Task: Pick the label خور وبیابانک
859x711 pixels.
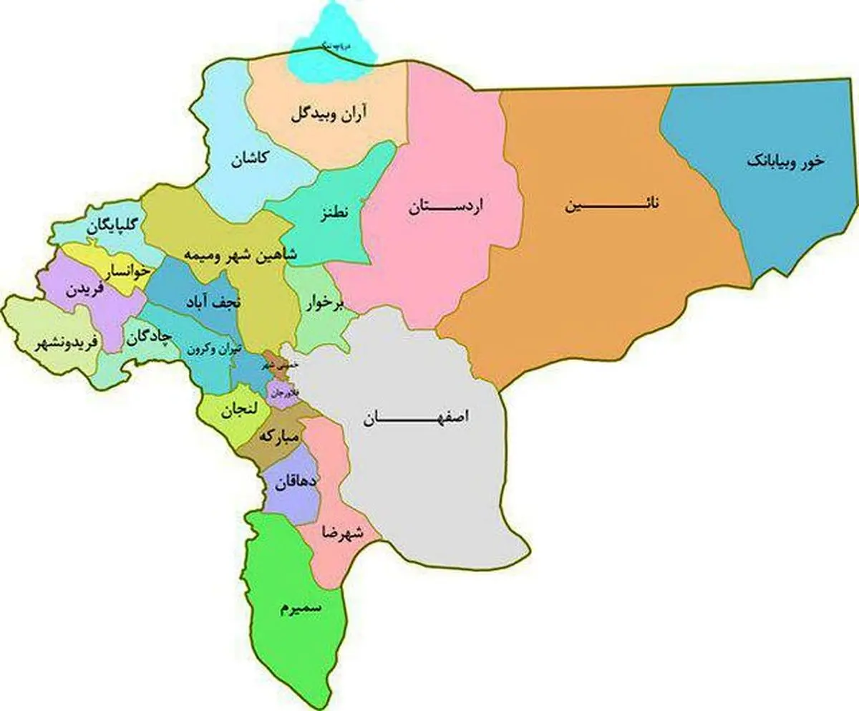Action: (785, 162)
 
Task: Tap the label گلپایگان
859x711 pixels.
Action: (114, 226)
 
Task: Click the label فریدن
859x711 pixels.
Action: (84, 290)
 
